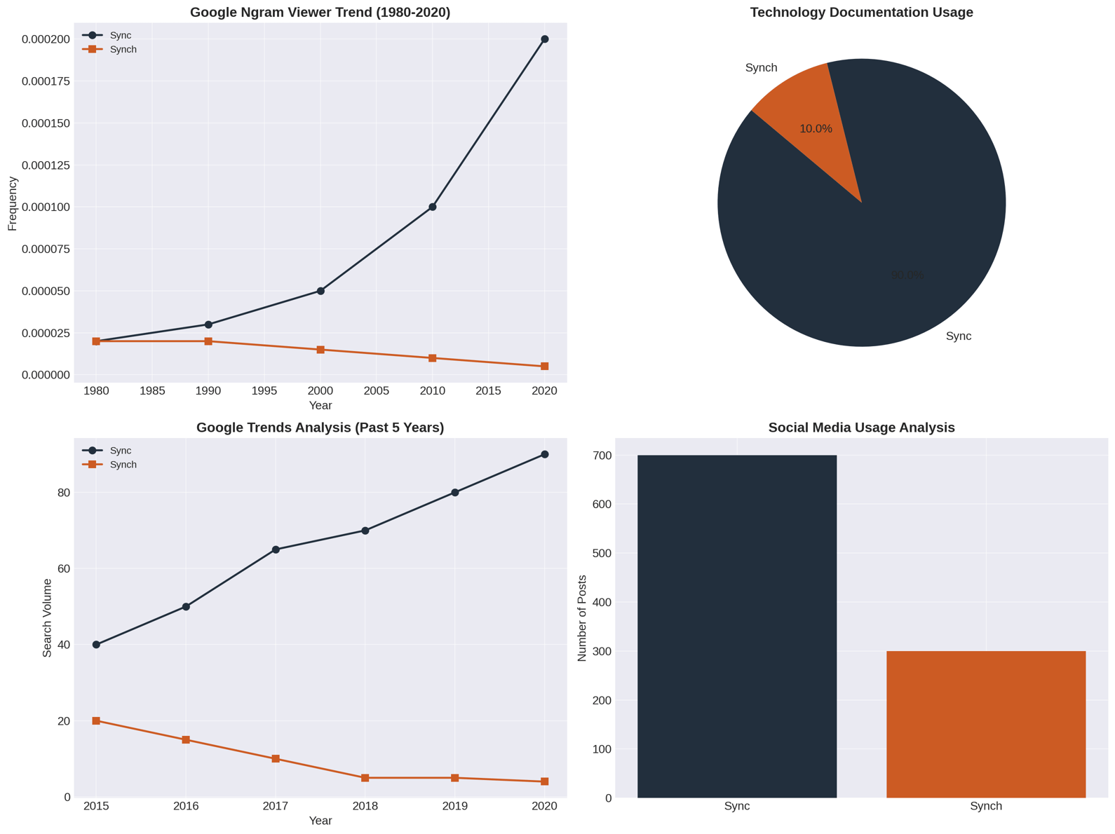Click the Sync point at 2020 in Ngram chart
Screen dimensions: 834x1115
(x=545, y=39)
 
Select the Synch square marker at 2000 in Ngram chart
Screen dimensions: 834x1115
(x=320, y=350)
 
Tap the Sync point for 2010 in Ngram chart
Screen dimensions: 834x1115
(x=433, y=207)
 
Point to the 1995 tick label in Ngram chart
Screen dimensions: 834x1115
(x=264, y=391)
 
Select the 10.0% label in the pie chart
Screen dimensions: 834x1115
(x=816, y=129)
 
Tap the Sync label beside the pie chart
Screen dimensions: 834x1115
(x=959, y=336)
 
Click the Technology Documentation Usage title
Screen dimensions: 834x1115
(x=861, y=13)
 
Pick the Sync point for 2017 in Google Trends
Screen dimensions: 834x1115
(x=276, y=549)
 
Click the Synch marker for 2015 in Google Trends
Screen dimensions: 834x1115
(x=96, y=720)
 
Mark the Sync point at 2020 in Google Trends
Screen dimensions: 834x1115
(x=545, y=454)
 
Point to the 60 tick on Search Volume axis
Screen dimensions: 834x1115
(x=64, y=568)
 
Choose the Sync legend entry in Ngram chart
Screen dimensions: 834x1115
(x=120, y=35)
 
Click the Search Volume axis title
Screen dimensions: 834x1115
(x=47, y=617)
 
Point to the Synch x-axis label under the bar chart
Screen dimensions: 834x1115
(x=986, y=806)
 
